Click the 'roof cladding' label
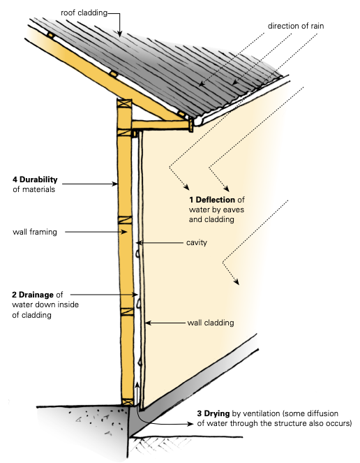tap(84, 13)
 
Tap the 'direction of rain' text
tap(296, 26)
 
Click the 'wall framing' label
tap(35, 232)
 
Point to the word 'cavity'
tap(197, 242)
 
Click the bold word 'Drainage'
tap(36, 295)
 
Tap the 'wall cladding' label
tap(211, 323)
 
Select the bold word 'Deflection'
tap(216, 200)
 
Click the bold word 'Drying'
tap(217, 413)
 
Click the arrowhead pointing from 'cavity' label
tap(139, 243)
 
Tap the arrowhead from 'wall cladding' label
tap(148, 323)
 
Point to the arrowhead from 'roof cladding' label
tap(119, 34)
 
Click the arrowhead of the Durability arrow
tap(115, 184)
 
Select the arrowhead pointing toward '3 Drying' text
tap(190, 424)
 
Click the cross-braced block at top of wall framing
tap(124, 103)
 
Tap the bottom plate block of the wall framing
tap(128, 402)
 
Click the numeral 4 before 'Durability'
tap(15, 179)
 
